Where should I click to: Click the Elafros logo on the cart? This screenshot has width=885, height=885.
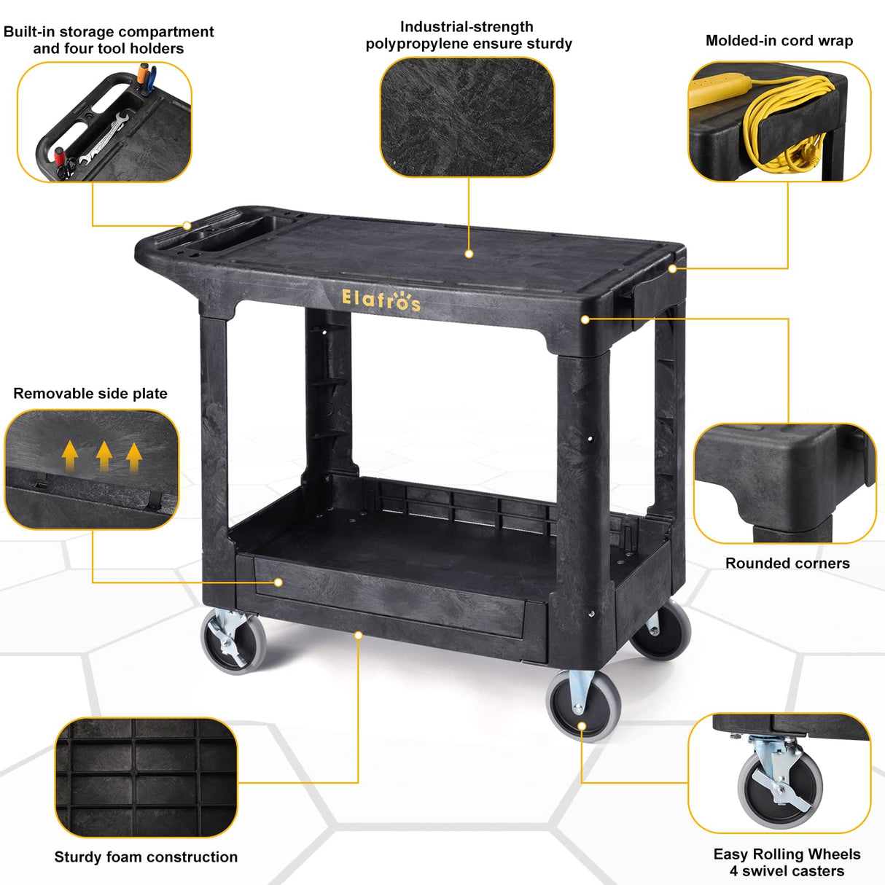(x=381, y=300)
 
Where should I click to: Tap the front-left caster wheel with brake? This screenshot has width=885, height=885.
(x=234, y=641)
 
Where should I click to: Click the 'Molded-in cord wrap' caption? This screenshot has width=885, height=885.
(x=779, y=41)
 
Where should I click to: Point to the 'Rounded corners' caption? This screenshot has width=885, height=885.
(x=787, y=564)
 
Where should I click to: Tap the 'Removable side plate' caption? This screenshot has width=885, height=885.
(x=90, y=394)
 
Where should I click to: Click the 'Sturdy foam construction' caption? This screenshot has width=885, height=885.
(x=146, y=857)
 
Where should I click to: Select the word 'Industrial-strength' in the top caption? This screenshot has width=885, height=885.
(x=467, y=27)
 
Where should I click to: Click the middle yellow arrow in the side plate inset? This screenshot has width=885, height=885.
(x=104, y=456)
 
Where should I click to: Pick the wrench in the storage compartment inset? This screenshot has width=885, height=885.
(x=104, y=139)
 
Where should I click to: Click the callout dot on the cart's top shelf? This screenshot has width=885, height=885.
(x=469, y=254)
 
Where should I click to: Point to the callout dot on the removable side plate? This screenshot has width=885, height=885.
(x=278, y=582)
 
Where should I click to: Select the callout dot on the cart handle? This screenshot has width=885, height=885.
(x=187, y=225)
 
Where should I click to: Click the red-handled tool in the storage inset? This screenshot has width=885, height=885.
(x=59, y=157)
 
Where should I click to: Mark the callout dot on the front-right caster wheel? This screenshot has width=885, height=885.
(x=582, y=726)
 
